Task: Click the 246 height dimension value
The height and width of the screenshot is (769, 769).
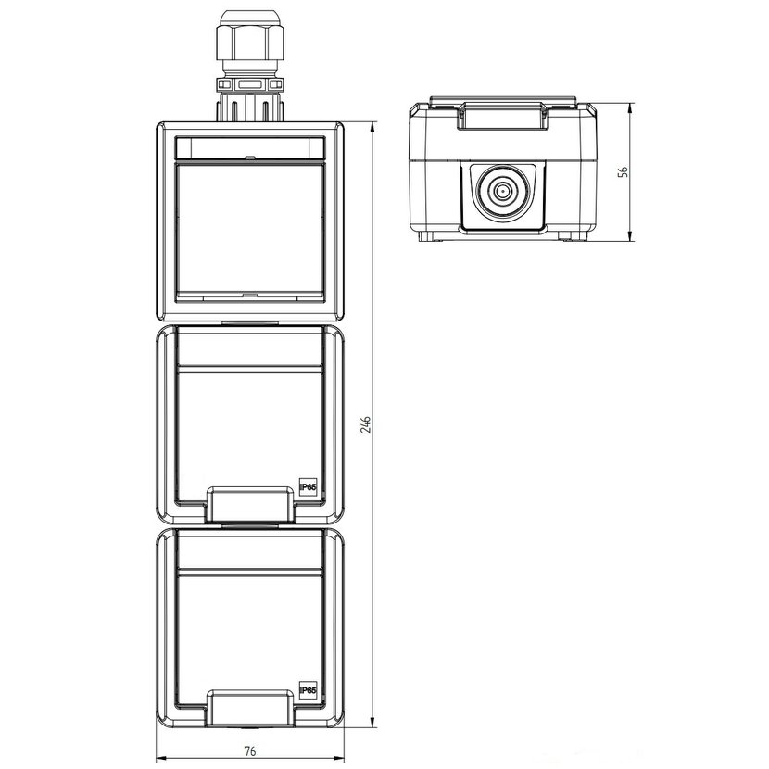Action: [x=366, y=423]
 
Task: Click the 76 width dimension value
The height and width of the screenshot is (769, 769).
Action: [x=249, y=750]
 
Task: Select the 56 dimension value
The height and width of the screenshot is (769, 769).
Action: [x=623, y=171]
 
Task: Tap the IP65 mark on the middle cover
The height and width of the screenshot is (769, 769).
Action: [x=309, y=487]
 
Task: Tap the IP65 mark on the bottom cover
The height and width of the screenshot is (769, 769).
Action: [x=309, y=690]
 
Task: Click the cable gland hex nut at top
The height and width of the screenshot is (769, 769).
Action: [x=249, y=43]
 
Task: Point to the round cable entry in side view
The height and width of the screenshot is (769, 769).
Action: [x=501, y=191]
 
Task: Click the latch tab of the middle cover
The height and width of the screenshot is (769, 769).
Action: [x=250, y=504]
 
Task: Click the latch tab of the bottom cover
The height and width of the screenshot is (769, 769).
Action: [x=250, y=707]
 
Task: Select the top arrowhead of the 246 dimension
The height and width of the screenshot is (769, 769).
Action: [x=372, y=127]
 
